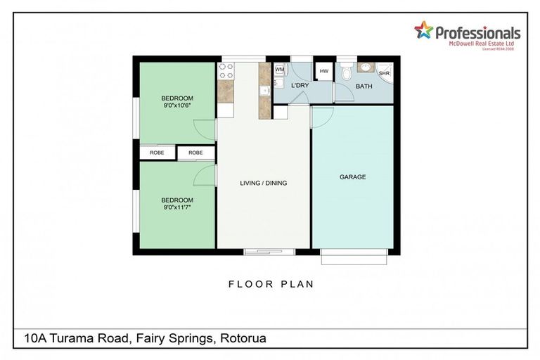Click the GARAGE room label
tap(352, 177)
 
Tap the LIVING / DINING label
tap(264, 184)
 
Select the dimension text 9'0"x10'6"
tap(177, 105)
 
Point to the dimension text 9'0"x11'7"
tap(177, 207)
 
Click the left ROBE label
tap(157, 153)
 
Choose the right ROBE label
tap(195, 153)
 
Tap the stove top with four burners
tap(226, 70)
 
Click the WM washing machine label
tap(279, 70)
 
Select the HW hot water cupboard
tap(324, 71)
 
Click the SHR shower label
tap(384, 72)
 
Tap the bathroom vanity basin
tap(364, 67)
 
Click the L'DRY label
tap(300, 86)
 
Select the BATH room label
tap(364, 86)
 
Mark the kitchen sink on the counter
tap(265, 90)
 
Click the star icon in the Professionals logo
tap(423, 30)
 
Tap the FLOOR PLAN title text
tap(271, 285)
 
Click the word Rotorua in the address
tap(243, 339)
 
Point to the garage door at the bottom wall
tap(354, 257)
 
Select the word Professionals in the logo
tap(477, 33)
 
